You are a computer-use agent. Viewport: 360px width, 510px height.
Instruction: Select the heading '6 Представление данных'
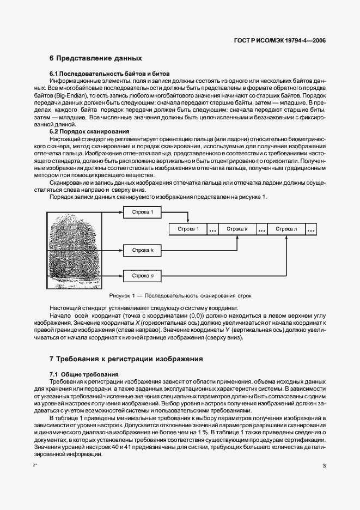(95, 58)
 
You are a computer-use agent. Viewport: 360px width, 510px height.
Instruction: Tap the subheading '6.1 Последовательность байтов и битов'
(110, 73)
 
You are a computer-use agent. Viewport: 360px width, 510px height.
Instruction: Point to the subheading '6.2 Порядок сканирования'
(89, 131)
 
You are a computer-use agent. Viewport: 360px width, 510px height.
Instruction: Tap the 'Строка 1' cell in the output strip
(188, 229)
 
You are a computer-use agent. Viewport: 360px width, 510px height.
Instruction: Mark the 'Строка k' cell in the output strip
(237, 229)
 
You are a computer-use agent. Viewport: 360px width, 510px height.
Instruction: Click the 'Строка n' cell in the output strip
(286, 229)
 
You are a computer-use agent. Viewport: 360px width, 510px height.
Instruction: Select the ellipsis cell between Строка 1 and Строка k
(212, 229)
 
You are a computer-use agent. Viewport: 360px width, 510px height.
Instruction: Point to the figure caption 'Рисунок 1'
(179, 296)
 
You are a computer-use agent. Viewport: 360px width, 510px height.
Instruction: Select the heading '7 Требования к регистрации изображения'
(126, 359)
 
